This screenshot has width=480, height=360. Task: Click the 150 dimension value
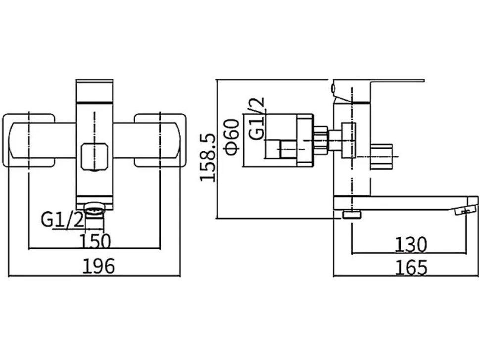pos(95,241)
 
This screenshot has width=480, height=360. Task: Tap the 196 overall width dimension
pos(98,266)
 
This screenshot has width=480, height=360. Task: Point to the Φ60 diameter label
pos(232,137)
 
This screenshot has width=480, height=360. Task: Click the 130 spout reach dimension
pos(411,245)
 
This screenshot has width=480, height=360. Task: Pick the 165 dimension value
pos(411,268)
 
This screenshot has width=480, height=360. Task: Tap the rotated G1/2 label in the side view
pos(256,119)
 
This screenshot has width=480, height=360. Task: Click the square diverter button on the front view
pos(95,157)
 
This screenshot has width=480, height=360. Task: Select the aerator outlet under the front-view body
pos(95,210)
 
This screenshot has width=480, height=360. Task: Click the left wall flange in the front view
pos(29,140)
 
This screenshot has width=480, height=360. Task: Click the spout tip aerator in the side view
pos(466,211)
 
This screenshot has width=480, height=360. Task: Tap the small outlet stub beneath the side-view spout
pos(352,215)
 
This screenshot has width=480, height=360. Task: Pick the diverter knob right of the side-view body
pos(381,156)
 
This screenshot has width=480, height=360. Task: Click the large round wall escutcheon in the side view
pos(305,140)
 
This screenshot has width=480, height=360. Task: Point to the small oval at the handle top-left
pos(334,88)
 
